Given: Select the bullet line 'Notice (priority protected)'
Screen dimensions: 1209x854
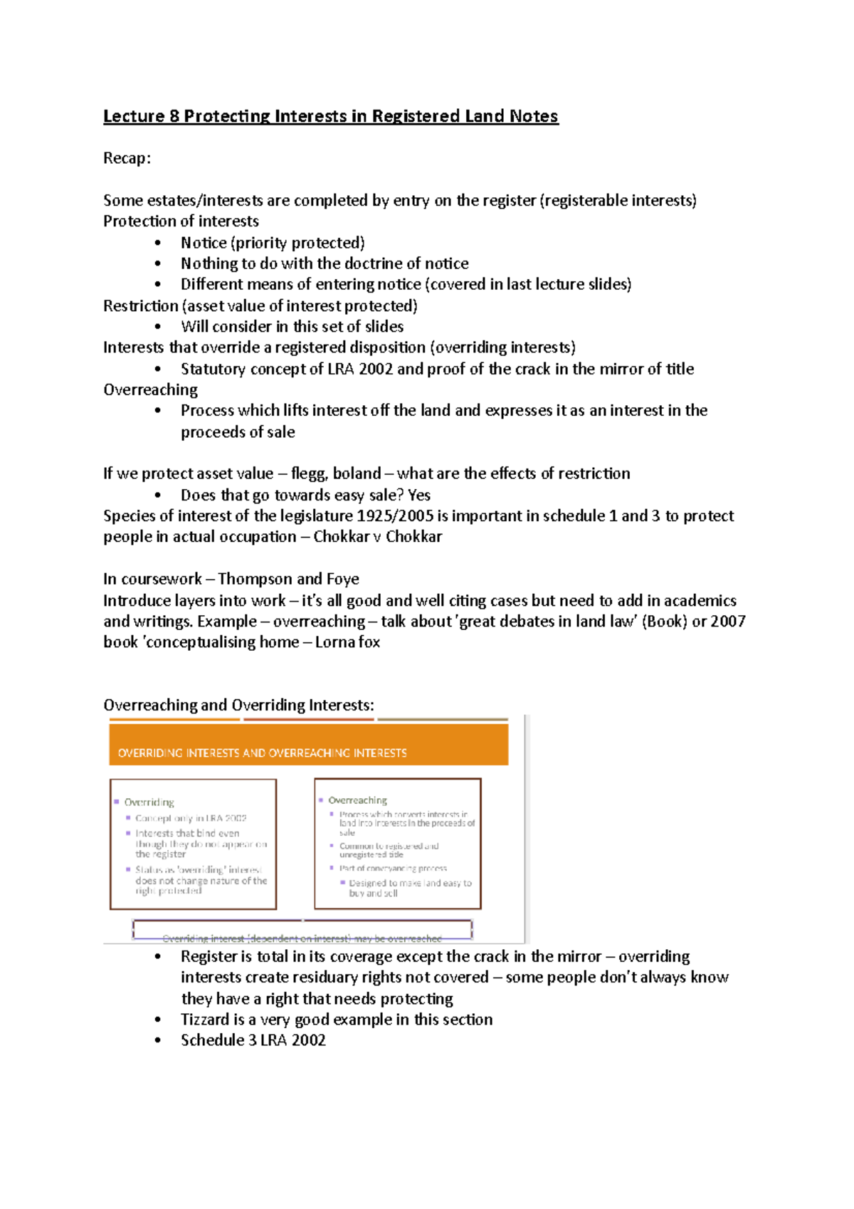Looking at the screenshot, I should [273, 243].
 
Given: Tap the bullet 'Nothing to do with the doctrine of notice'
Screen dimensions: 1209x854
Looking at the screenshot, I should [325, 263].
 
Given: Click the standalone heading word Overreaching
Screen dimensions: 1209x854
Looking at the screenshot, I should [150, 389].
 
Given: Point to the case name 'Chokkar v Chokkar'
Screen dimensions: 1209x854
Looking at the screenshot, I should [377, 537].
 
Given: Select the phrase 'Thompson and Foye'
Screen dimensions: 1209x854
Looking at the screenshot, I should [288, 579].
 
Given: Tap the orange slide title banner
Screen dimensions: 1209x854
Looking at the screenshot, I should [308, 745].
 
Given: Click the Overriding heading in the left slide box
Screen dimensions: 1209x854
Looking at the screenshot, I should [149, 802].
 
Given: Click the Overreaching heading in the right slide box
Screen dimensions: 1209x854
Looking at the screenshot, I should [357, 800].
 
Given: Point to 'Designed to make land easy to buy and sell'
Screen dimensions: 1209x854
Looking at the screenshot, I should [409, 888].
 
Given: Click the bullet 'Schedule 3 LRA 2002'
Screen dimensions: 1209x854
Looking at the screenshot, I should [253, 1040].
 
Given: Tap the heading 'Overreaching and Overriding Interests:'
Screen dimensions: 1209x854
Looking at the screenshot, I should [238, 705].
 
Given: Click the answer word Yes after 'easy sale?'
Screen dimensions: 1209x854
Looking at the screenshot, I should [419, 495].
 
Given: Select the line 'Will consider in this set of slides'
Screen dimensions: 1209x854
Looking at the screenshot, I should [292, 327].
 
